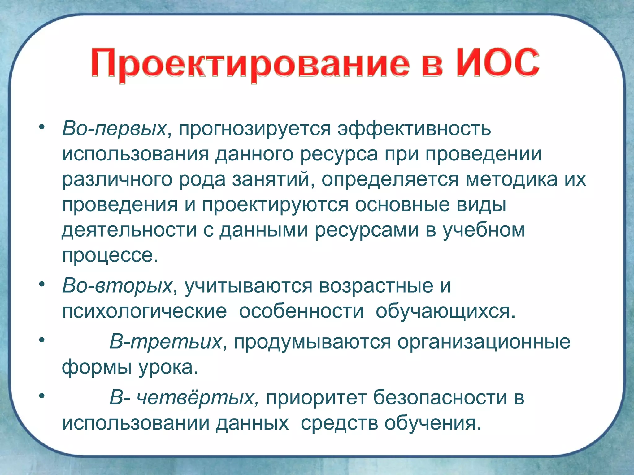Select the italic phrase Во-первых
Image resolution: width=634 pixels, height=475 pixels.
click(114, 129)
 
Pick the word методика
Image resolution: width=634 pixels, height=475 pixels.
click(511, 179)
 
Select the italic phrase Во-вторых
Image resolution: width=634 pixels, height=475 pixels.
click(117, 286)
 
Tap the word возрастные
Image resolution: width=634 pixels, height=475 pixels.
click(376, 286)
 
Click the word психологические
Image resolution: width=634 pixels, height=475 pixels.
click(144, 312)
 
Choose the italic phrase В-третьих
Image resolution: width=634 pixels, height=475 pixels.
click(165, 342)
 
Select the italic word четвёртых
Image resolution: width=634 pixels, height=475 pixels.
click(198, 398)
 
